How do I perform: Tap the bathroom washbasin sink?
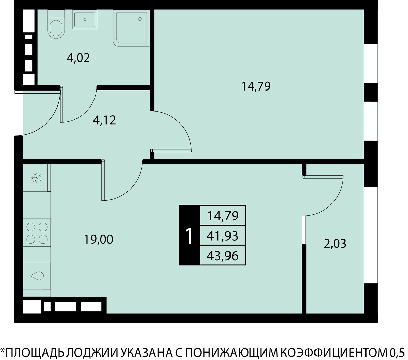click(x=85, y=19)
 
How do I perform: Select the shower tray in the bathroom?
click(x=131, y=28)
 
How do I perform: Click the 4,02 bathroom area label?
click(x=78, y=58)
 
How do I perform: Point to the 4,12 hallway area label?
click(x=104, y=120)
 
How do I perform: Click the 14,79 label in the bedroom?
click(x=256, y=86)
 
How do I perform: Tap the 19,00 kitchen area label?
click(x=99, y=240)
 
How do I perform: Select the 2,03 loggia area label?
click(x=335, y=243)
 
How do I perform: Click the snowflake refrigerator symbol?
click(x=36, y=177)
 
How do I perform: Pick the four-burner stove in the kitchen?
click(x=37, y=233)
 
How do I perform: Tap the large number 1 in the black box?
click(x=189, y=236)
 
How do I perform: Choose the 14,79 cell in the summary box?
click(x=223, y=216)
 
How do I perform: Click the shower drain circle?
click(x=140, y=19)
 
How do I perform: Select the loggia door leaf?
click(x=323, y=177)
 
